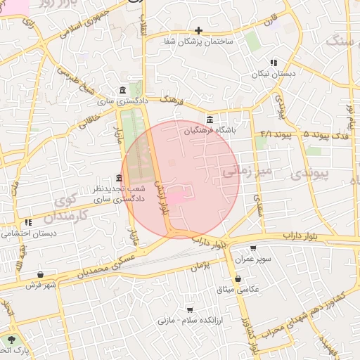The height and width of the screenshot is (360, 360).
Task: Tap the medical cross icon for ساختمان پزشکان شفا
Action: coord(199,30)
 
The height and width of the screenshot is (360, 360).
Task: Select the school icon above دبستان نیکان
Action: coord(274,63)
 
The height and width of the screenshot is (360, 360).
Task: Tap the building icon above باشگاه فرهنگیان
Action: coord(210,118)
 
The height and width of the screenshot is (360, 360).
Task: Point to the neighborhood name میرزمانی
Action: coord(246,170)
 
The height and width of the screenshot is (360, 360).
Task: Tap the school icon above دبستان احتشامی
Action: coord(28,222)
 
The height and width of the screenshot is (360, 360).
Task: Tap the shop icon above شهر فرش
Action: coord(40,274)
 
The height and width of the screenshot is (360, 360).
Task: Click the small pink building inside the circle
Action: coord(174,200)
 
